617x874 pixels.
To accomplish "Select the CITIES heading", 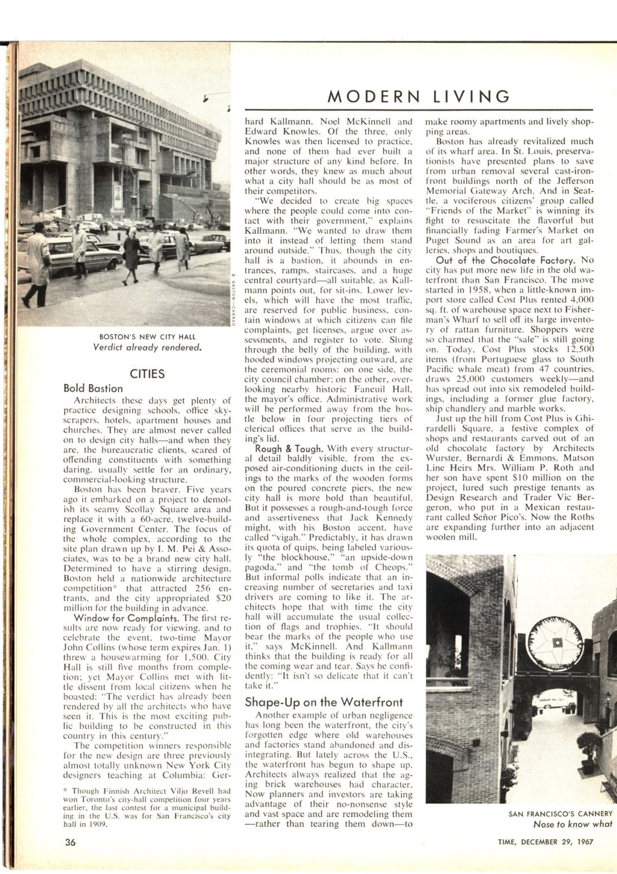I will tap(147, 374).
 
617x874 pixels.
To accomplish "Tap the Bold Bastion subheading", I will tap(93, 388).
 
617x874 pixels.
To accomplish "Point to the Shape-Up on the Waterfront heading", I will tap(323, 702).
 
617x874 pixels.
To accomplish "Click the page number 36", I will tap(70, 842).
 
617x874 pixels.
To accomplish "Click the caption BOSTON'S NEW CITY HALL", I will tap(147, 337).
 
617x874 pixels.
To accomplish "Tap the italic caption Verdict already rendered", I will tap(147, 347).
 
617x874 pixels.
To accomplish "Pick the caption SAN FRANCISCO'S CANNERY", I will tap(560, 814).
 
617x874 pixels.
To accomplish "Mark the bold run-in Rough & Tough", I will tap(287, 449).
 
